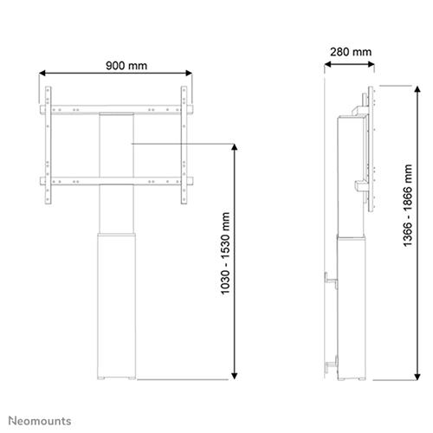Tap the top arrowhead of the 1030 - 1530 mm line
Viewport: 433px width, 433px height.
[x=236, y=147]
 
